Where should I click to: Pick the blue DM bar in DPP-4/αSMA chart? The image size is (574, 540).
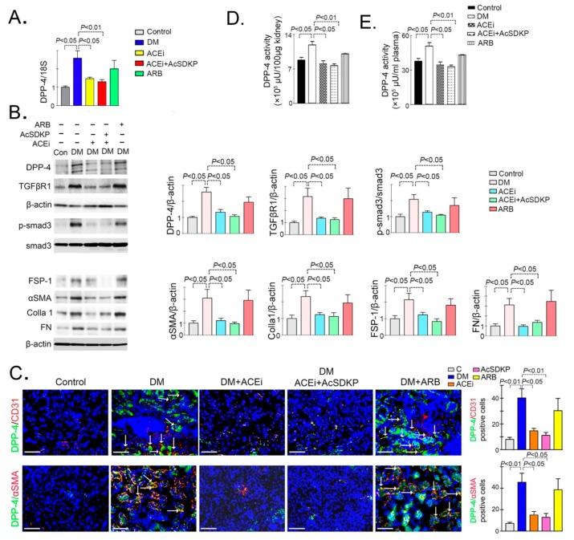[522, 504]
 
